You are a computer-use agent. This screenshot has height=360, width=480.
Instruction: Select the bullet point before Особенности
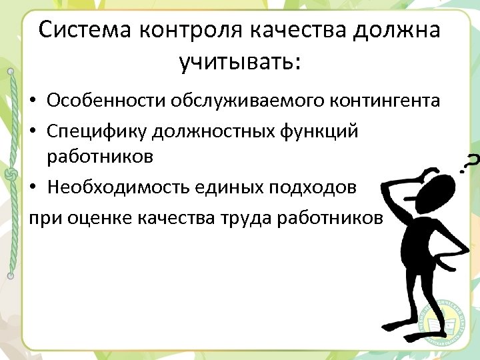pos(34,102)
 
